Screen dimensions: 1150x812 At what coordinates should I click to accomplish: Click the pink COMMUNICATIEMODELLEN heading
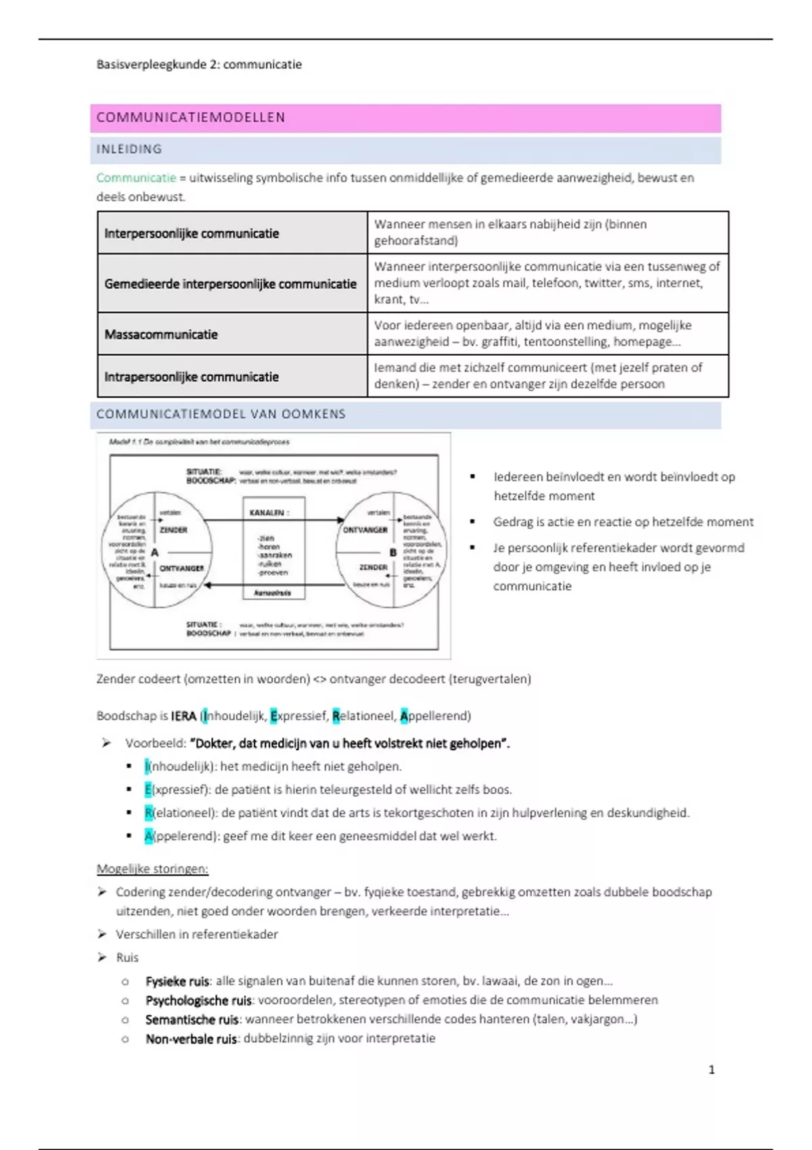click(x=191, y=118)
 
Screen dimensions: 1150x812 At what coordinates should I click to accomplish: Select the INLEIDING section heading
click(x=129, y=149)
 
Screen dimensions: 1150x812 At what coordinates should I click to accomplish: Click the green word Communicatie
click(x=136, y=178)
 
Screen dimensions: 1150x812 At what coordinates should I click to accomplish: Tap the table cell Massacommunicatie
click(x=161, y=334)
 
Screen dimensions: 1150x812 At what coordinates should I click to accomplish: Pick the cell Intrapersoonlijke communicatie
click(x=191, y=377)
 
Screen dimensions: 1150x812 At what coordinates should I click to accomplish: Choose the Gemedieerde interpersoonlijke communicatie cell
click(x=230, y=283)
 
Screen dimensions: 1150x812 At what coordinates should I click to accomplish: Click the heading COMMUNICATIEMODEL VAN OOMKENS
click(x=221, y=414)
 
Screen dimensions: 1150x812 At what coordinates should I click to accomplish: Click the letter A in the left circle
click(x=155, y=553)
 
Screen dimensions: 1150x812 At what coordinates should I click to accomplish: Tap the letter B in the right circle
click(x=392, y=553)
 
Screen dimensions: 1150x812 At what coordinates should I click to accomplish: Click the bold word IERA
click(x=183, y=716)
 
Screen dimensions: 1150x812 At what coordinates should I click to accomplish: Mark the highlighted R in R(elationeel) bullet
click(x=148, y=812)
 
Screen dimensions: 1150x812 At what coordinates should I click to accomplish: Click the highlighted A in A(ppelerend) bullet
click(x=148, y=836)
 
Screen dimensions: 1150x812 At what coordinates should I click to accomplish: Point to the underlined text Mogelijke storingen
click(x=152, y=869)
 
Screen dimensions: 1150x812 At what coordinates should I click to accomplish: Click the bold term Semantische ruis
click(x=192, y=1019)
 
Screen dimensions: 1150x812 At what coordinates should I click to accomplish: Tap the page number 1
click(x=711, y=1069)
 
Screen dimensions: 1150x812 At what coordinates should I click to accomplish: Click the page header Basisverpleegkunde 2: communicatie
click(x=199, y=65)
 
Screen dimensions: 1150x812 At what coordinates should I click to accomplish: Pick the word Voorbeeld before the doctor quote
click(x=155, y=743)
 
